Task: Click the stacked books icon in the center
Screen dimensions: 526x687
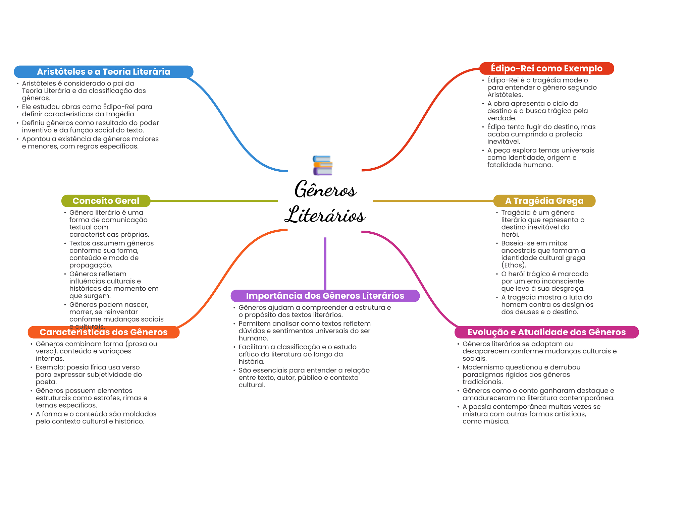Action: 322,165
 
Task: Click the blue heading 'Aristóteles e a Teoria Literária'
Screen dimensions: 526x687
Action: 104,72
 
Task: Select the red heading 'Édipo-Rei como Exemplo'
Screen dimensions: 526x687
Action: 546,68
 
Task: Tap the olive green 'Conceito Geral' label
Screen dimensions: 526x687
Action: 106,201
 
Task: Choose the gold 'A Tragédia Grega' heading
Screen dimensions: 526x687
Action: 544,201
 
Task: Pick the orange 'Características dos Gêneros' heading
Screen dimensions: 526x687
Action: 103,332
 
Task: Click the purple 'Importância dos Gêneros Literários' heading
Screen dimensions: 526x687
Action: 325,296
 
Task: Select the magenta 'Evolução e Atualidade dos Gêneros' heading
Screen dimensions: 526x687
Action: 546,332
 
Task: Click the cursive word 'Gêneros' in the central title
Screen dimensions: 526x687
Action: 325,189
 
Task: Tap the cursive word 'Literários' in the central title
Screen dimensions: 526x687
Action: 325,215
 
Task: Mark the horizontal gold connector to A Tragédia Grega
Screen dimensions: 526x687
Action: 433,201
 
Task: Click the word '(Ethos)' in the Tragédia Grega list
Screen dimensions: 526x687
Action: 514,265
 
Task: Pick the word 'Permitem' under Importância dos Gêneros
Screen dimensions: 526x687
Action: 253,324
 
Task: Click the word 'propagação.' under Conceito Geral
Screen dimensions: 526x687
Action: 91,265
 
